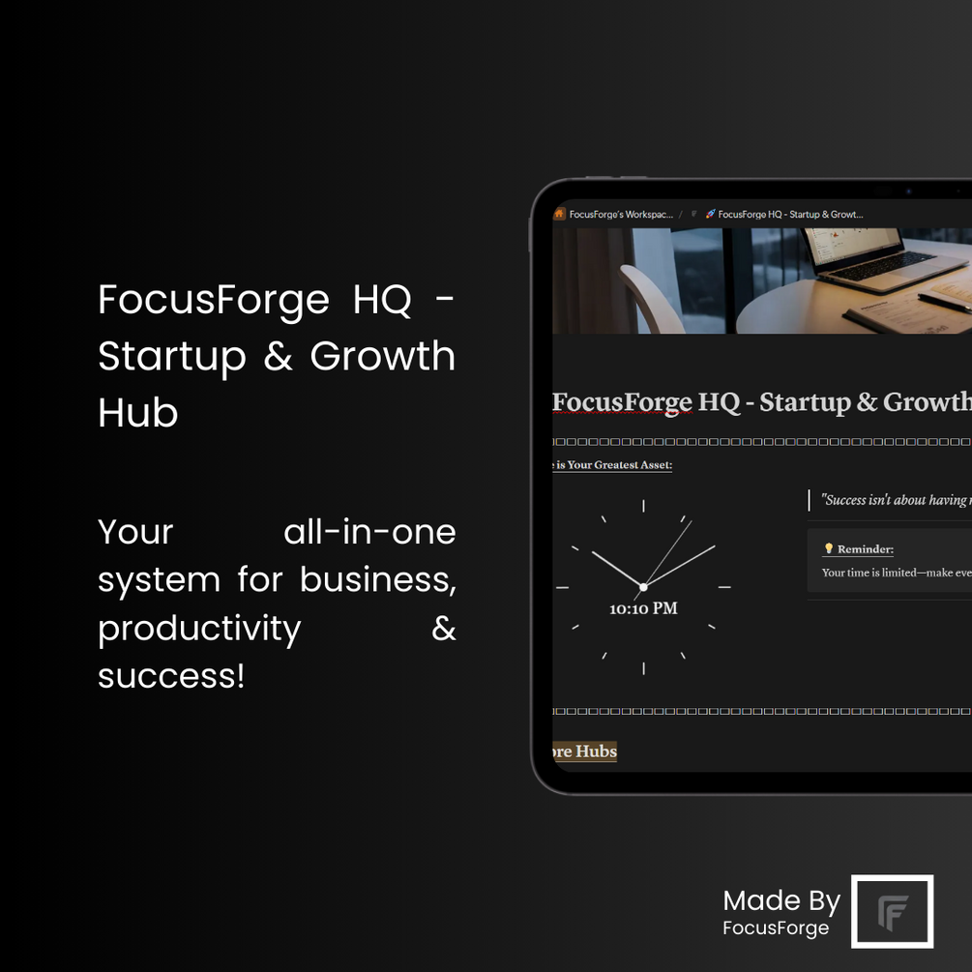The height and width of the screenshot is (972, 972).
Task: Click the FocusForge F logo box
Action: click(892, 911)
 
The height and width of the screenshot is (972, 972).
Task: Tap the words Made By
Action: click(781, 901)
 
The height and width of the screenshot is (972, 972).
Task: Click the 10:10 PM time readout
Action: click(643, 608)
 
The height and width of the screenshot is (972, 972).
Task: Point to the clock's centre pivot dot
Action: click(643, 587)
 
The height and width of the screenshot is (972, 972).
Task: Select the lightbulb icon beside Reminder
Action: click(828, 549)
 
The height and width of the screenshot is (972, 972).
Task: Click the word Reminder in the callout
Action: click(865, 549)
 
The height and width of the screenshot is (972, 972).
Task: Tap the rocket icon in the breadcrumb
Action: click(710, 214)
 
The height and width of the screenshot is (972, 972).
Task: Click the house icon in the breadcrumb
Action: click(559, 214)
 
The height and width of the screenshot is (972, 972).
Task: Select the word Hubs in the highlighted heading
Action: click(597, 751)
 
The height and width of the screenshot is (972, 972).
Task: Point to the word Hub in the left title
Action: click(138, 413)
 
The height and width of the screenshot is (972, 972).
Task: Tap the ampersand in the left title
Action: click(278, 357)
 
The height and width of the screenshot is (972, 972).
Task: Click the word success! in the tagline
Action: click(171, 676)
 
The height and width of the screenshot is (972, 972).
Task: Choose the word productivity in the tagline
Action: click(199, 629)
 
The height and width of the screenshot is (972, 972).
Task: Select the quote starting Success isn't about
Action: click(895, 500)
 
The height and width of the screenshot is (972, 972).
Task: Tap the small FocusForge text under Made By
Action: click(776, 928)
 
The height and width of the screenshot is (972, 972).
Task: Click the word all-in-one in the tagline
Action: click(369, 532)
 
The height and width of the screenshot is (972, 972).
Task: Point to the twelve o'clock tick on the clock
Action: click(643, 505)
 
